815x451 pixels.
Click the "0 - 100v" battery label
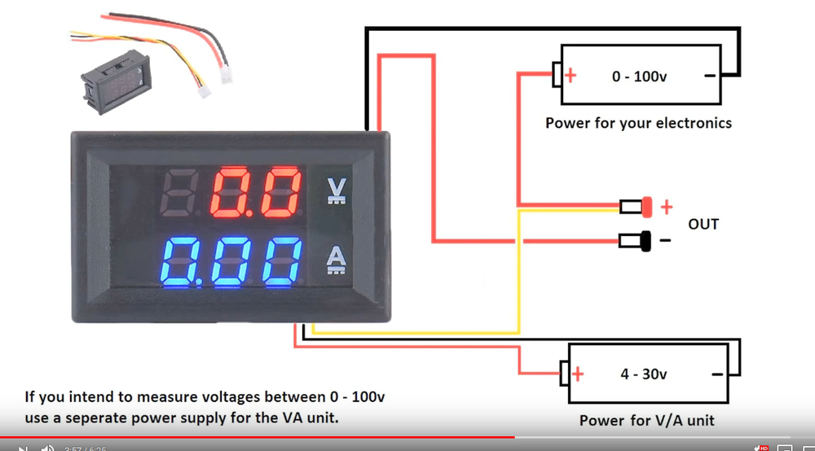point(640,76)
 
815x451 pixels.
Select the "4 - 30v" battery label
point(643,374)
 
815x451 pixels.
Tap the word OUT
point(703,223)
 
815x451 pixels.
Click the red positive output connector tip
point(647,207)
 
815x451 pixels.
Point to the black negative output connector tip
point(645,241)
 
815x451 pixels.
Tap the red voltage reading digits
point(255,192)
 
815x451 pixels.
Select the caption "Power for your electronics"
point(638,124)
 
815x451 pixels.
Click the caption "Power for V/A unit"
point(646,421)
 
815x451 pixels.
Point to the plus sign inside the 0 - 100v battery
point(570,76)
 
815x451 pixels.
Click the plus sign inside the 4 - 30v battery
point(578,374)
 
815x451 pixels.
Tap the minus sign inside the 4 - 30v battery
point(716,374)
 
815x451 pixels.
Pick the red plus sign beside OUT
point(666,207)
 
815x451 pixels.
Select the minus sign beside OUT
point(665,241)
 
